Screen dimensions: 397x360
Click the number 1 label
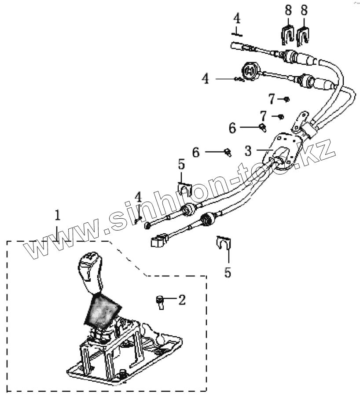tap(57, 215)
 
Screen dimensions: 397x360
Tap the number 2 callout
tap(181, 300)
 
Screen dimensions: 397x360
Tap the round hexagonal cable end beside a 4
tap(250, 72)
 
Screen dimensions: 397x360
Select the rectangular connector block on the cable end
tap(160, 240)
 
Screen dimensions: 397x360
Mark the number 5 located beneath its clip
tap(227, 272)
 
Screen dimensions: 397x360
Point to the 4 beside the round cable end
tap(206, 79)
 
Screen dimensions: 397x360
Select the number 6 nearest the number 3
tap(196, 152)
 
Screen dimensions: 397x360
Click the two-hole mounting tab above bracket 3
tap(302, 120)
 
